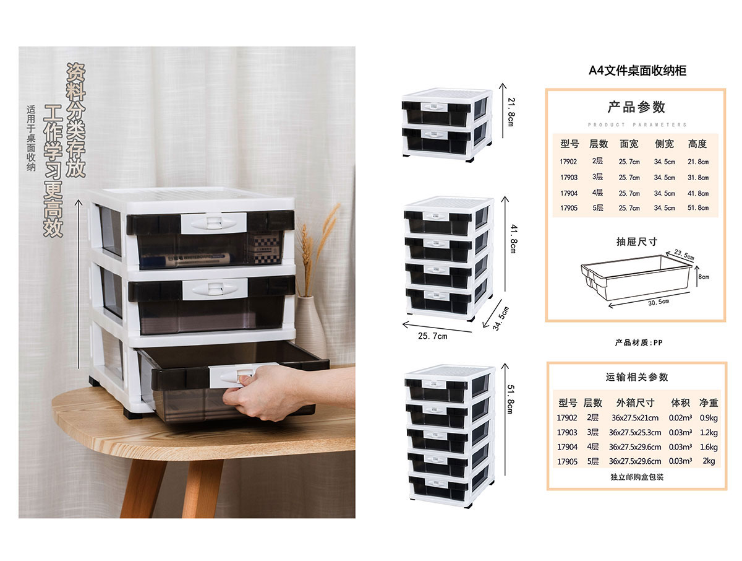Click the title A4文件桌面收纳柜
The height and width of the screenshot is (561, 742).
point(638,71)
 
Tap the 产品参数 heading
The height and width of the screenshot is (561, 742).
point(636,107)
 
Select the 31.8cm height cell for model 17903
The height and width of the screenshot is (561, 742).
point(697,178)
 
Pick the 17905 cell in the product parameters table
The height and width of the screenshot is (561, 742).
point(569,208)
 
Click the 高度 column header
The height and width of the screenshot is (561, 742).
point(697,144)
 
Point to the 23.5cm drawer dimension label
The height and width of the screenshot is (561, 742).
point(683,254)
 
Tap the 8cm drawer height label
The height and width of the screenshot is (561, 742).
point(704,277)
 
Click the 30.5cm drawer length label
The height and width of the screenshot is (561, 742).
point(658,302)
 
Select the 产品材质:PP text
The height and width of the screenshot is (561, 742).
point(639,343)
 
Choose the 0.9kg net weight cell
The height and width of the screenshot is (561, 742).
point(709,418)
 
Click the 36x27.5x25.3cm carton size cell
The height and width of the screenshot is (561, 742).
point(635,432)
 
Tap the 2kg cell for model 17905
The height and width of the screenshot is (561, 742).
point(709,461)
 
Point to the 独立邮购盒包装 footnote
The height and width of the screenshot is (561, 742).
point(637,477)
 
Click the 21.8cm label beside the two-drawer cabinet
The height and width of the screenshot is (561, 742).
point(511,112)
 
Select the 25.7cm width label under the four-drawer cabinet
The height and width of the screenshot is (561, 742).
point(432,336)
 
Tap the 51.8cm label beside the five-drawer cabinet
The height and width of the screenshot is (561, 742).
point(511,399)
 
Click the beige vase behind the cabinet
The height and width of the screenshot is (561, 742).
point(310,326)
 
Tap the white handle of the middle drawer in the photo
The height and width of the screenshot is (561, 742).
point(215,289)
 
